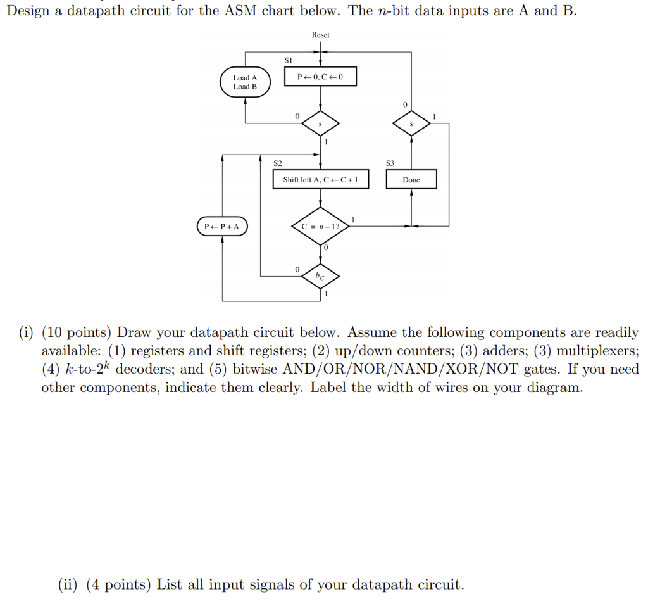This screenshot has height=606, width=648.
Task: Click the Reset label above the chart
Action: coord(320,35)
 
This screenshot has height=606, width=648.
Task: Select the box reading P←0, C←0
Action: coord(320,77)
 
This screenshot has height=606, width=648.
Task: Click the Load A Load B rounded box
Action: coord(246,82)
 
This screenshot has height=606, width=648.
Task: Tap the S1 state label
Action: coord(288,59)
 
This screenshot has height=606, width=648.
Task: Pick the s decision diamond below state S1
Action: coord(320,124)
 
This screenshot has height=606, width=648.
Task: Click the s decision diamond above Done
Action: coord(411,124)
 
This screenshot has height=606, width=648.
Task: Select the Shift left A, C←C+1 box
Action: coord(320,180)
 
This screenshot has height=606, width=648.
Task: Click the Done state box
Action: coord(411,180)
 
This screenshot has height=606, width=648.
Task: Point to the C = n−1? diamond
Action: coord(320,226)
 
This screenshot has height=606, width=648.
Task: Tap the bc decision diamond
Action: coord(320,275)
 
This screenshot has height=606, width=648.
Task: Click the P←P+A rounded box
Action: coord(222,226)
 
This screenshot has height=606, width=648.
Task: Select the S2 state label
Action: coord(278,163)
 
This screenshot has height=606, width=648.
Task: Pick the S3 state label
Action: coord(390,163)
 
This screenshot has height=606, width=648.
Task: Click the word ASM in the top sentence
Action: coord(241,11)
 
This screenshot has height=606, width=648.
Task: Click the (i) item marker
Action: coord(26,332)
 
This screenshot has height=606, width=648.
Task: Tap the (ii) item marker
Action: coord(66,584)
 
